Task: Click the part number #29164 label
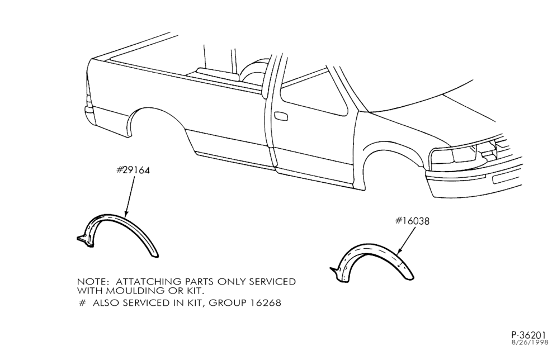[133, 170]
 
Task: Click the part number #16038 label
[412, 221]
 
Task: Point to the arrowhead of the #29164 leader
[126, 215]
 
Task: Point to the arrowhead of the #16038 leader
[399, 253]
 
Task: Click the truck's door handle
[281, 116]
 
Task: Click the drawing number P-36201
[528, 335]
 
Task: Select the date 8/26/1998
[530, 343]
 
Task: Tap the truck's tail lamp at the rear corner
[88, 93]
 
